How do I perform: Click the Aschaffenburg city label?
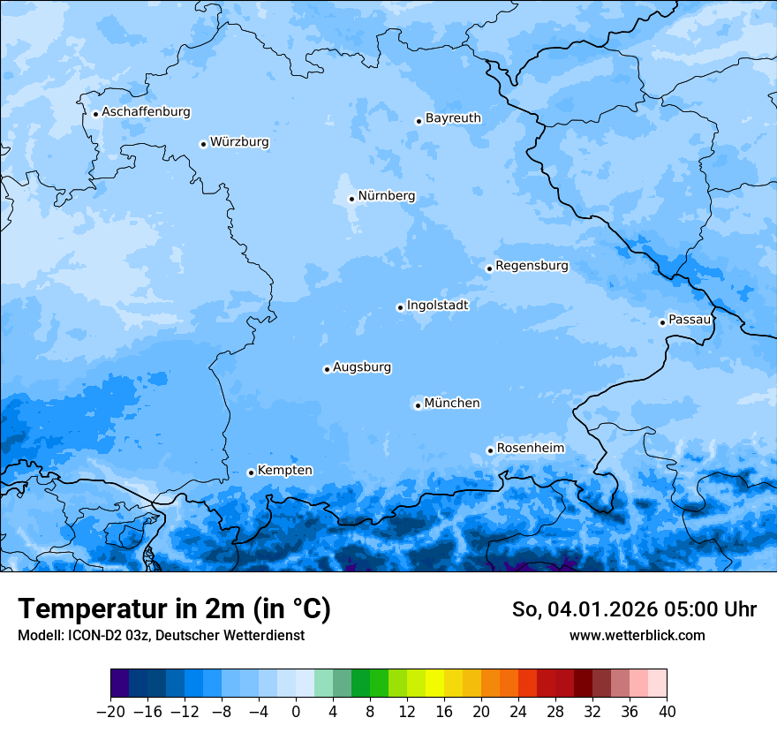pos(146,112)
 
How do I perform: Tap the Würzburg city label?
pos(239,142)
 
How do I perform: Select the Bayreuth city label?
pos(453,118)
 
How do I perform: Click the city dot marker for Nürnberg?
pos(351,199)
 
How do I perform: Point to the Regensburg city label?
pos(532,266)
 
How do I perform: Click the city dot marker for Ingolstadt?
pos(400,307)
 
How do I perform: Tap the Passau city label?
pos(690,320)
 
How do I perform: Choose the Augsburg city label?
pos(362,367)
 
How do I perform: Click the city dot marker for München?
pos(418,405)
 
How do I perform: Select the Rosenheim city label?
pos(530,449)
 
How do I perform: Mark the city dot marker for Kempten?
pos(251,472)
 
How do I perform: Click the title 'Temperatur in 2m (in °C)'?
pos(174,609)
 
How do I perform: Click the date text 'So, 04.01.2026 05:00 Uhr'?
pos(634,609)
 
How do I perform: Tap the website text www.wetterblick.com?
pos(637,635)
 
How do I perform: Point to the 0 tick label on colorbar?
pos(296,712)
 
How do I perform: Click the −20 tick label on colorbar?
pos(110,712)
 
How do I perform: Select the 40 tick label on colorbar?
pos(667,712)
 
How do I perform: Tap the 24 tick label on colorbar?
pos(518,712)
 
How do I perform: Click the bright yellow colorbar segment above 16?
pos(434,684)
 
